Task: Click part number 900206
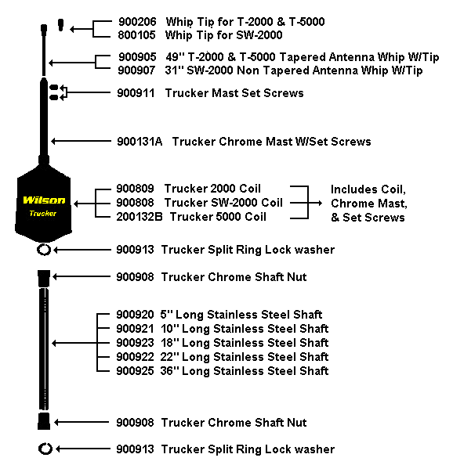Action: pos(137,22)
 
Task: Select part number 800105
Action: pos(136,35)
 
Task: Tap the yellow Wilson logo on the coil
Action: pos(44,200)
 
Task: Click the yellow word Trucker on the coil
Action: pos(43,213)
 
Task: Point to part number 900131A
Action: pos(140,142)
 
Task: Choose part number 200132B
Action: pos(140,217)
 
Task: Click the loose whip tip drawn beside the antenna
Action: pos(61,25)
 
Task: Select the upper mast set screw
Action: pos(54,87)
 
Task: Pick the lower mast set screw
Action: pos(54,97)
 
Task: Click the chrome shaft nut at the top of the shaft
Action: pos(44,278)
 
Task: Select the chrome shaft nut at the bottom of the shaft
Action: pos(44,421)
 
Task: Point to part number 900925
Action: pos(135,371)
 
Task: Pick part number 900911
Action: pos(136,93)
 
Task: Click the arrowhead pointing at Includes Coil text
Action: pos(320,203)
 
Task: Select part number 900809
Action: pos(135,189)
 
